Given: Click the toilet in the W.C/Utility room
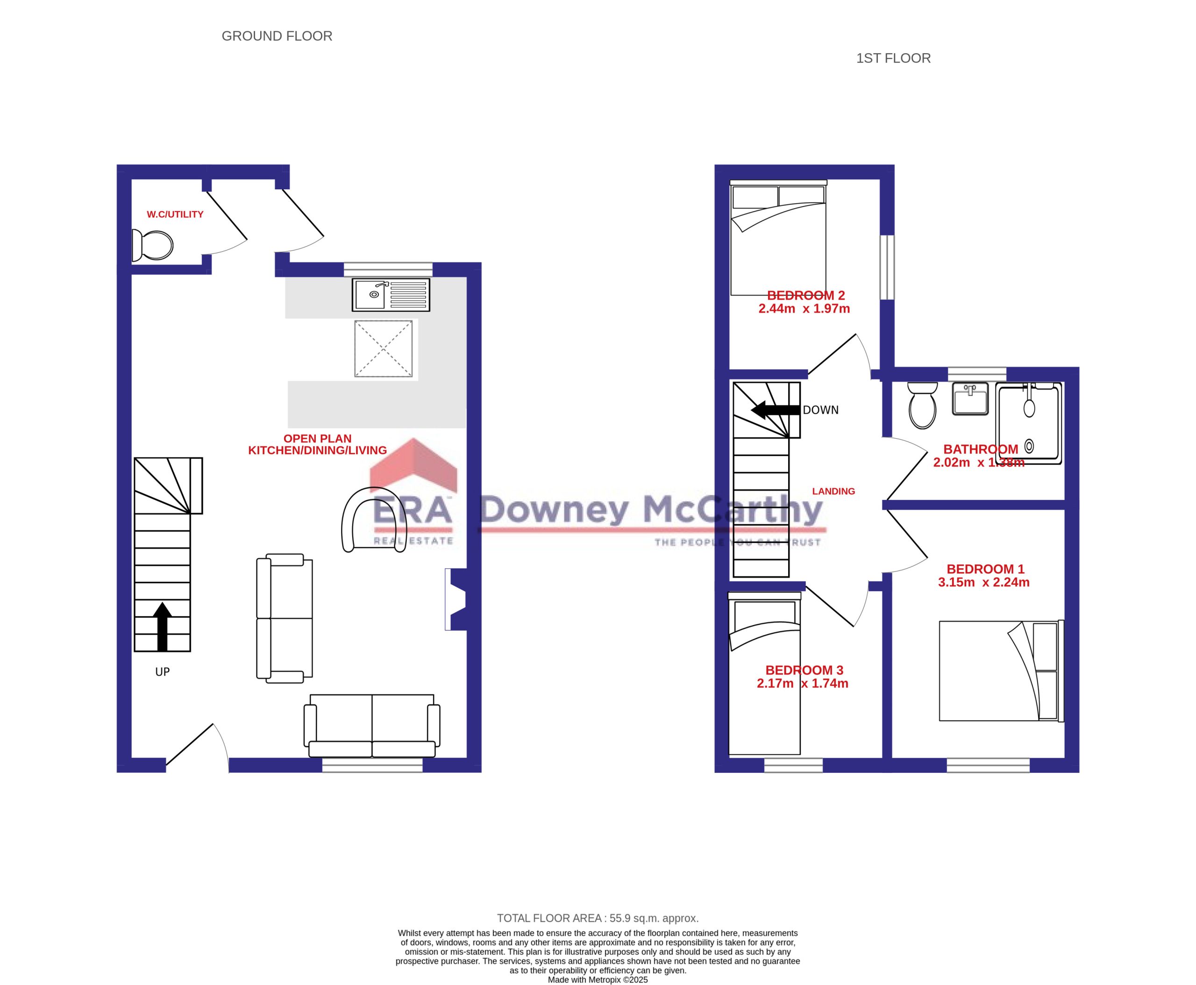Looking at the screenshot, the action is [152, 245].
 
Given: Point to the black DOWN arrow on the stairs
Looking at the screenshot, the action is [775, 410].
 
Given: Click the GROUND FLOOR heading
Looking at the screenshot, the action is [277, 36].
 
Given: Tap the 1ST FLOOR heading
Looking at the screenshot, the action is [893, 58].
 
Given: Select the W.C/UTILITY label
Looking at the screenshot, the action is [175, 214].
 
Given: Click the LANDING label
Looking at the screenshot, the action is [833, 492].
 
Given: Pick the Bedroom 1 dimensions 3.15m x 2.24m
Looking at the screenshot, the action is [984, 582].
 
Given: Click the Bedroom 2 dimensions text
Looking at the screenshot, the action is [804, 309].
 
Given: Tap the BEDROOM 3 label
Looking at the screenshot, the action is [804, 670].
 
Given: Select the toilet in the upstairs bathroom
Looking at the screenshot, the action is [922, 405].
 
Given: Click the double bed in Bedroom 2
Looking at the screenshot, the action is [778, 238].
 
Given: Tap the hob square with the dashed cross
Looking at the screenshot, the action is [384, 349].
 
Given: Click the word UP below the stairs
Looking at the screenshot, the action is [162, 672].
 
